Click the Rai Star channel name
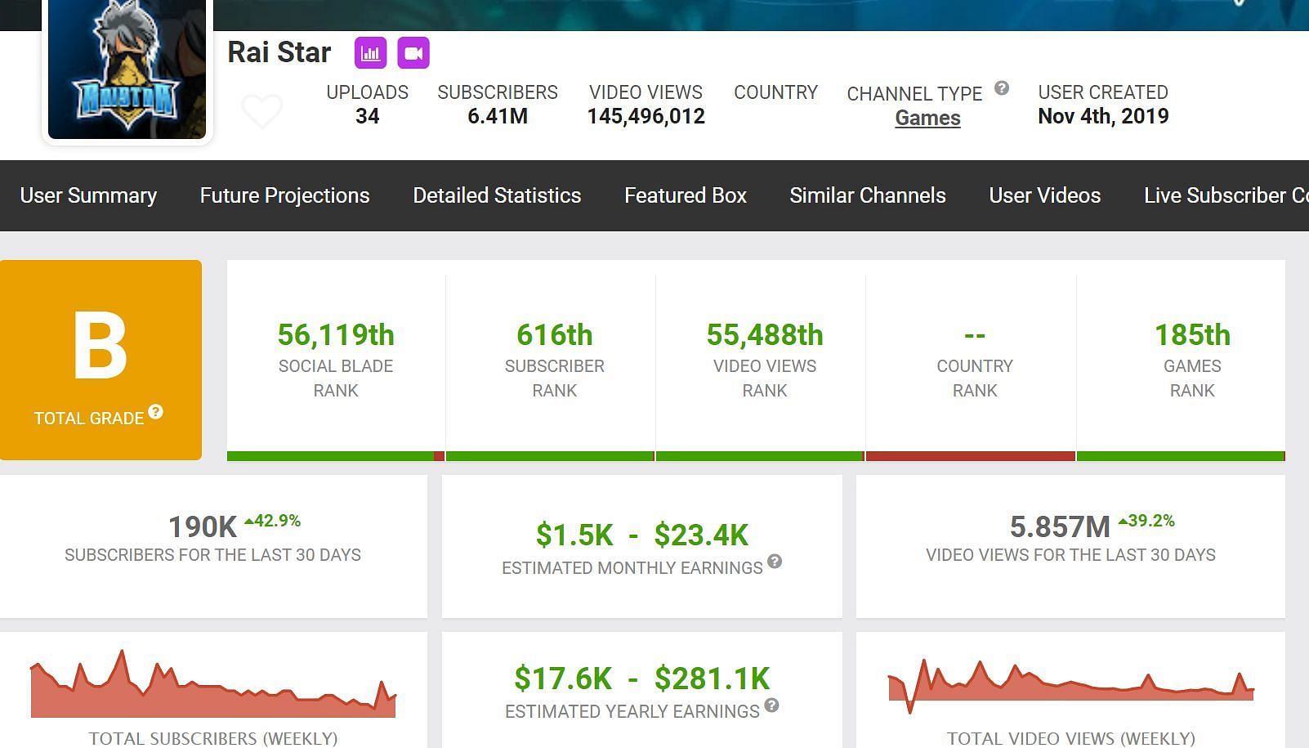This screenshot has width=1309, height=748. coord(279,52)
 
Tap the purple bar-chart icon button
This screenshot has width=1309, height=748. coord(370,53)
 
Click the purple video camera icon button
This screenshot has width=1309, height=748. coord(413,53)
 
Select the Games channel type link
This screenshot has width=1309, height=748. coord(927,118)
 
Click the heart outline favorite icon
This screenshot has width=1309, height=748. coord(262,110)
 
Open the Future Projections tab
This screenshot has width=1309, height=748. coord(284,195)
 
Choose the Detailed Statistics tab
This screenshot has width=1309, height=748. coord(497,195)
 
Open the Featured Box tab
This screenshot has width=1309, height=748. coord(686,195)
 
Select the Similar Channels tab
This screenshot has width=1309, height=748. coord(868,195)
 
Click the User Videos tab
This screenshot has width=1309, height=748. coord(1044,195)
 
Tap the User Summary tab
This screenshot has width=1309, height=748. coord(88,195)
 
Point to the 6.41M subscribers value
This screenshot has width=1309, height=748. coord(498,116)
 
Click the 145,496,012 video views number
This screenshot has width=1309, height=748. coord(646,116)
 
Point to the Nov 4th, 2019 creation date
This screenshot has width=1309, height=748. coord(1103,116)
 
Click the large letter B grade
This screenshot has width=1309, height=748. coord(100,346)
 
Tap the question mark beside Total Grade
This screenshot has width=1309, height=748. coord(155,412)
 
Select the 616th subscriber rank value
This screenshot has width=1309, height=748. coord(554,335)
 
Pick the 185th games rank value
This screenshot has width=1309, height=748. coord(1192,335)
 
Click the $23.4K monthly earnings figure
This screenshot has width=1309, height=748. coord(701,535)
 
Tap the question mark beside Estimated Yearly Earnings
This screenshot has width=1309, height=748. coord(771,705)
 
